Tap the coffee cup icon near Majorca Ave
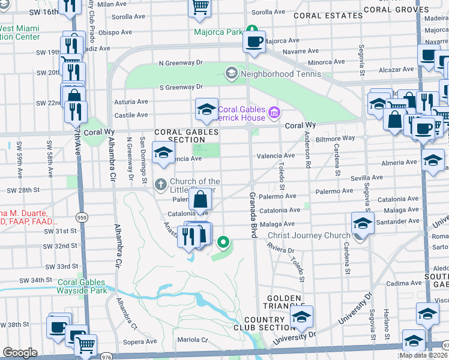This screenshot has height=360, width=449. (x=253, y=41)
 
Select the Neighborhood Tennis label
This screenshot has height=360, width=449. (x=280, y=74)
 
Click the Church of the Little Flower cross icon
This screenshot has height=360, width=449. (x=161, y=184)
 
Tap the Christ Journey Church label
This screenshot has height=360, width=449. (x=308, y=235)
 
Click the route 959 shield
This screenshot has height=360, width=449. (x=80, y=217)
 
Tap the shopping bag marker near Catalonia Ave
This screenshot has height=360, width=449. (x=200, y=199)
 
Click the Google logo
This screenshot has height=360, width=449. (x=20, y=353)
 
